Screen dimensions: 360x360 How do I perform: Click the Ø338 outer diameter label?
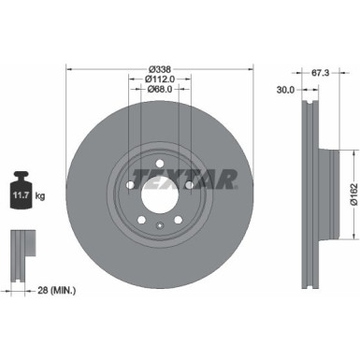[157, 68]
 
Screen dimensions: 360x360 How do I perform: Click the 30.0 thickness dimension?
[286, 90]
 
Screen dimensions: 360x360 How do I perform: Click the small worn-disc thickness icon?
[19, 244]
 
